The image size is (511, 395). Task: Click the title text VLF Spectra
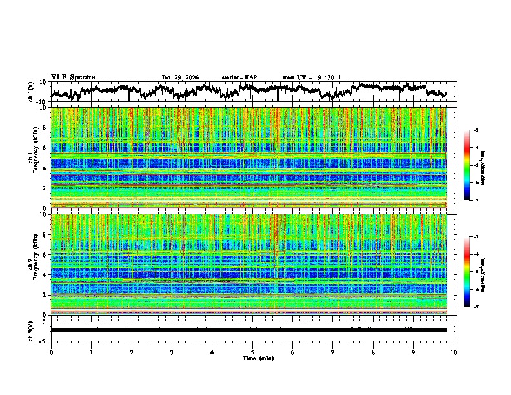click(x=73, y=77)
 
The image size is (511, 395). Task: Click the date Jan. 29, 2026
click(x=180, y=77)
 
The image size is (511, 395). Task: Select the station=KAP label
click(x=239, y=77)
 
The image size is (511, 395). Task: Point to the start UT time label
click(x=312, y=77)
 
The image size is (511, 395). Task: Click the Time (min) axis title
click(x=252, y=358)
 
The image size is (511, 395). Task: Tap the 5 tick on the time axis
click(x=252, y=352)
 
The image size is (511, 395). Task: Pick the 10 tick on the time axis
click(x=454, y=352)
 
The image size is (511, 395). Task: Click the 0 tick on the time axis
click(x=51, y=352)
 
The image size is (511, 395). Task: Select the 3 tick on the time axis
click(x=172, y=352)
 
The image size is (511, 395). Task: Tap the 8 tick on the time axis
click(x=373, y=352)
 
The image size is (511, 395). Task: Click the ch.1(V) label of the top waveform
click(x=31, y=92)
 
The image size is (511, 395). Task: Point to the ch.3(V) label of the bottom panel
click(x=31, y=329)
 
